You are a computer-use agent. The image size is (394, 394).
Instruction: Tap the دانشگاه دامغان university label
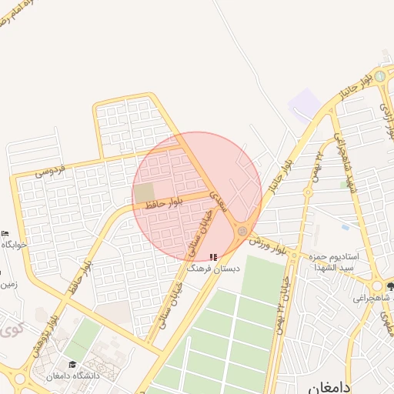73,376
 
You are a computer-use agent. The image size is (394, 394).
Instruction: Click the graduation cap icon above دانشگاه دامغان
72,364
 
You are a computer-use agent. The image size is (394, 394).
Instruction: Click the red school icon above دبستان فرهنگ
214,257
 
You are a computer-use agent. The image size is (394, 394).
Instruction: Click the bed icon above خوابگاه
5,233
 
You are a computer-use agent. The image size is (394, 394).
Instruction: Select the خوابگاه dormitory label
14,244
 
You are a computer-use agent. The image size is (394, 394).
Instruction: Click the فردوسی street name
52,167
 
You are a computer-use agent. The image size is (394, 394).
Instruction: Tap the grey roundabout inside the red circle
242,230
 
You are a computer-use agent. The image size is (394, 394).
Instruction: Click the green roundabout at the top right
379,76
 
